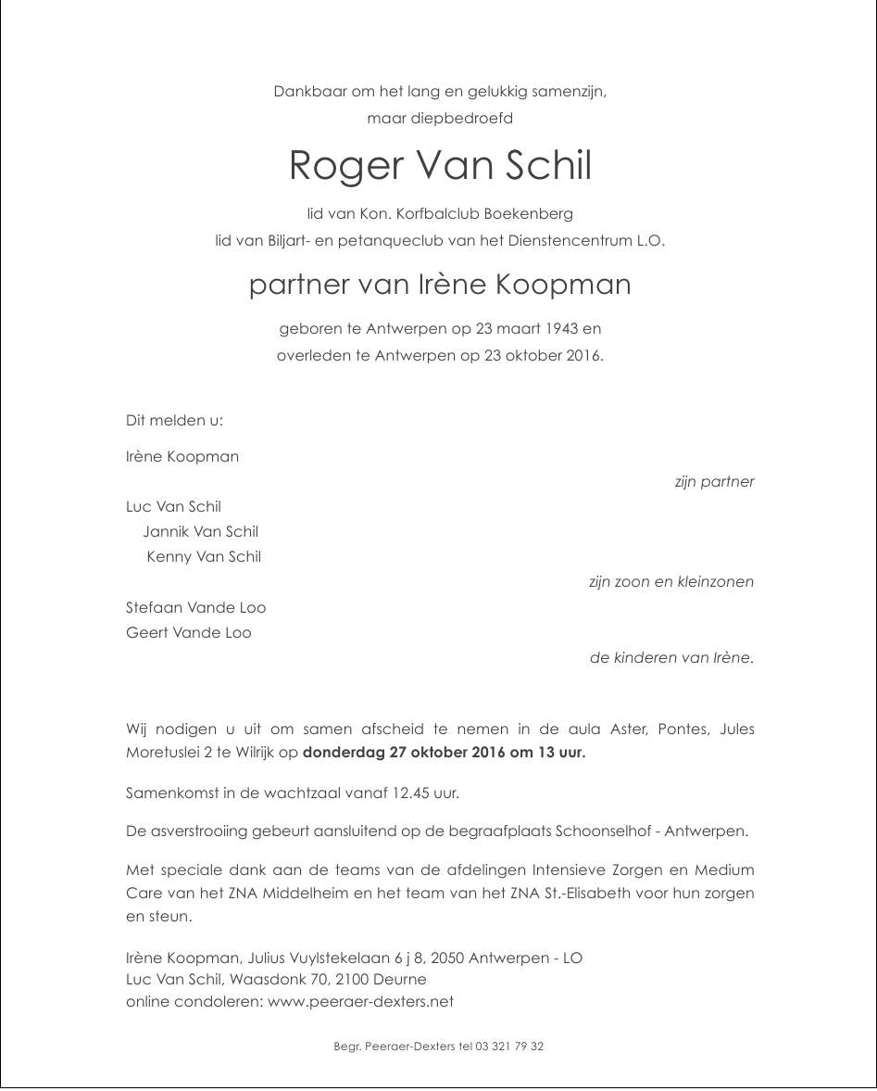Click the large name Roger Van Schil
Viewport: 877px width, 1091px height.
pos(439,166)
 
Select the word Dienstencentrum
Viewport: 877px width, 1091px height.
pos(576,240)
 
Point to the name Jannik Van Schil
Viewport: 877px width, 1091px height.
pos(200,532)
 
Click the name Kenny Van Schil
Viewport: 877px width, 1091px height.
pos(204,557)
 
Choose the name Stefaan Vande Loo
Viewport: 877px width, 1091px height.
pos(195,608)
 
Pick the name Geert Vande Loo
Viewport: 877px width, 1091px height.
pos(188,633)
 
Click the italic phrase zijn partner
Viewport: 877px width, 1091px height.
pos(714,482)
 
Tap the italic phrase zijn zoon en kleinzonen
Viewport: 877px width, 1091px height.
pos(670,582)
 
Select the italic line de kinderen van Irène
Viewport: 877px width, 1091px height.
pos(670,658)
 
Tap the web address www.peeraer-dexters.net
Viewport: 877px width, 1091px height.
pos(360,1002)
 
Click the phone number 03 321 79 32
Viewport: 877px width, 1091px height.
pos(509,1047)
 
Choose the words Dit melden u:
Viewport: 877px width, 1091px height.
pos(174,421)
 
